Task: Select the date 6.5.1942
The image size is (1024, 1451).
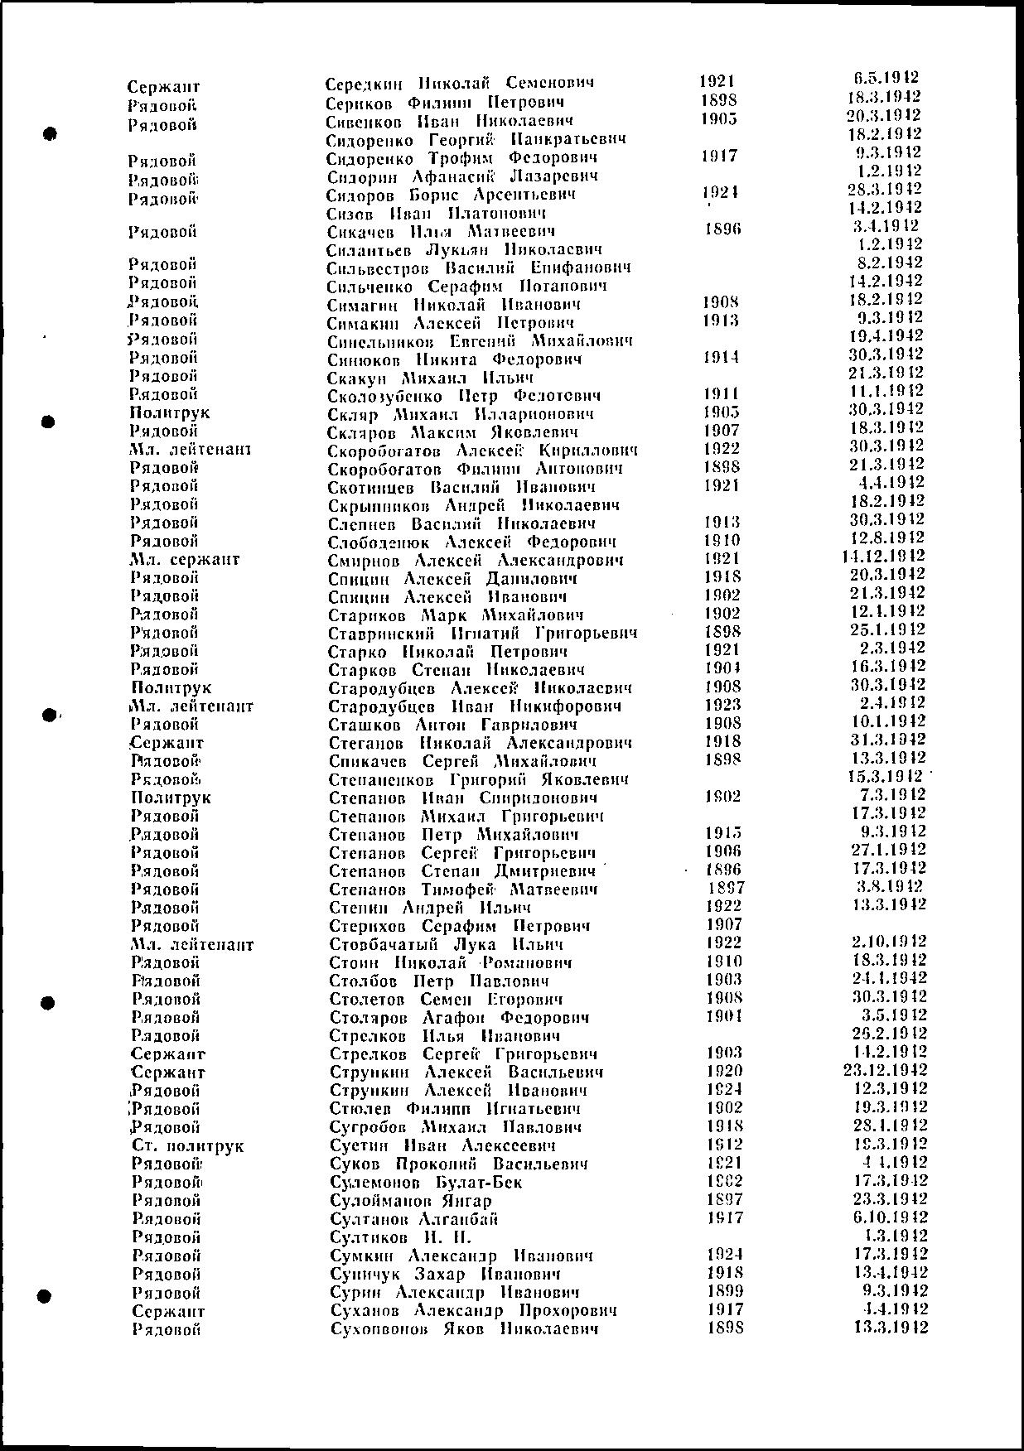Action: tap(886, 79)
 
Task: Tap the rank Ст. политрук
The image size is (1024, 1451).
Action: tap(188, 1146)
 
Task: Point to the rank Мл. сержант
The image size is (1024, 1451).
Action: tap(185, 560)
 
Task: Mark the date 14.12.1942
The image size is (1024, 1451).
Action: tap(882, 557)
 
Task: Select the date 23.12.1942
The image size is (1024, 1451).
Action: tap(883, 1070)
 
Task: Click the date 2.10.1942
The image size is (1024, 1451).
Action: tap(888, 942)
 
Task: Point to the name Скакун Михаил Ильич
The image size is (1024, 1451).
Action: tap(430, 378)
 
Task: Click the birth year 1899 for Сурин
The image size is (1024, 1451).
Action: tap(724, 1291)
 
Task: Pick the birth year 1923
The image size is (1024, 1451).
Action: tap(722, 705)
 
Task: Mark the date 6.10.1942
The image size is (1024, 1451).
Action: tap(890, 1217)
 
